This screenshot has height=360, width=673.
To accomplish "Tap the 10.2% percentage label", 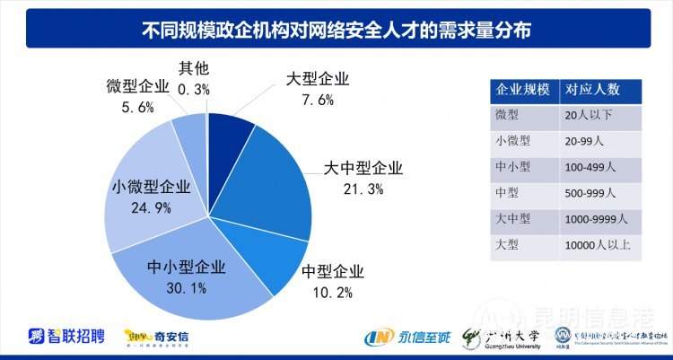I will tap(333, 292).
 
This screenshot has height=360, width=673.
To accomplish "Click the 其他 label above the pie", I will tap(193, 68).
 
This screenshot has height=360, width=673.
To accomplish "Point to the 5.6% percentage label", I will tap(136, 106).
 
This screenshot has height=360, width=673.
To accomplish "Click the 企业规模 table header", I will tap(521, 91).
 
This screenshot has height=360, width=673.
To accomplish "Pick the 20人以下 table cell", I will tap(588, 115).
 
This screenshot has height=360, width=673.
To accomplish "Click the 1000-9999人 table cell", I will tap(597, 218).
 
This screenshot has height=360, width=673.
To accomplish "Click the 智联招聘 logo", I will tap(66, 337).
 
